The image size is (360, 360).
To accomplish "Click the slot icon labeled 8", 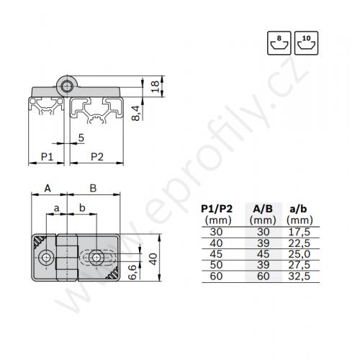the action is (279, 43).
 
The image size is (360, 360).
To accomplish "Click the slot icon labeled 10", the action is (306, 43).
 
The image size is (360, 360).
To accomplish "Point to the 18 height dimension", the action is (156, 86).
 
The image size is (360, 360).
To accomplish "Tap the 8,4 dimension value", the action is (136, 113).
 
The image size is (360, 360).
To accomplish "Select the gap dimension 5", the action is (81, 138).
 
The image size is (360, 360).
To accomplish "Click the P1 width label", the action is (47, 157).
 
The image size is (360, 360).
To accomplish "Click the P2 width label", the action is (97, 157).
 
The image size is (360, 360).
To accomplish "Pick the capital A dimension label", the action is (48, 188).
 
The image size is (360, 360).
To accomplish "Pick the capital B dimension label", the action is (93, 188).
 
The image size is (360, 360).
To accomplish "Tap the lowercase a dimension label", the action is (56, 208).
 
